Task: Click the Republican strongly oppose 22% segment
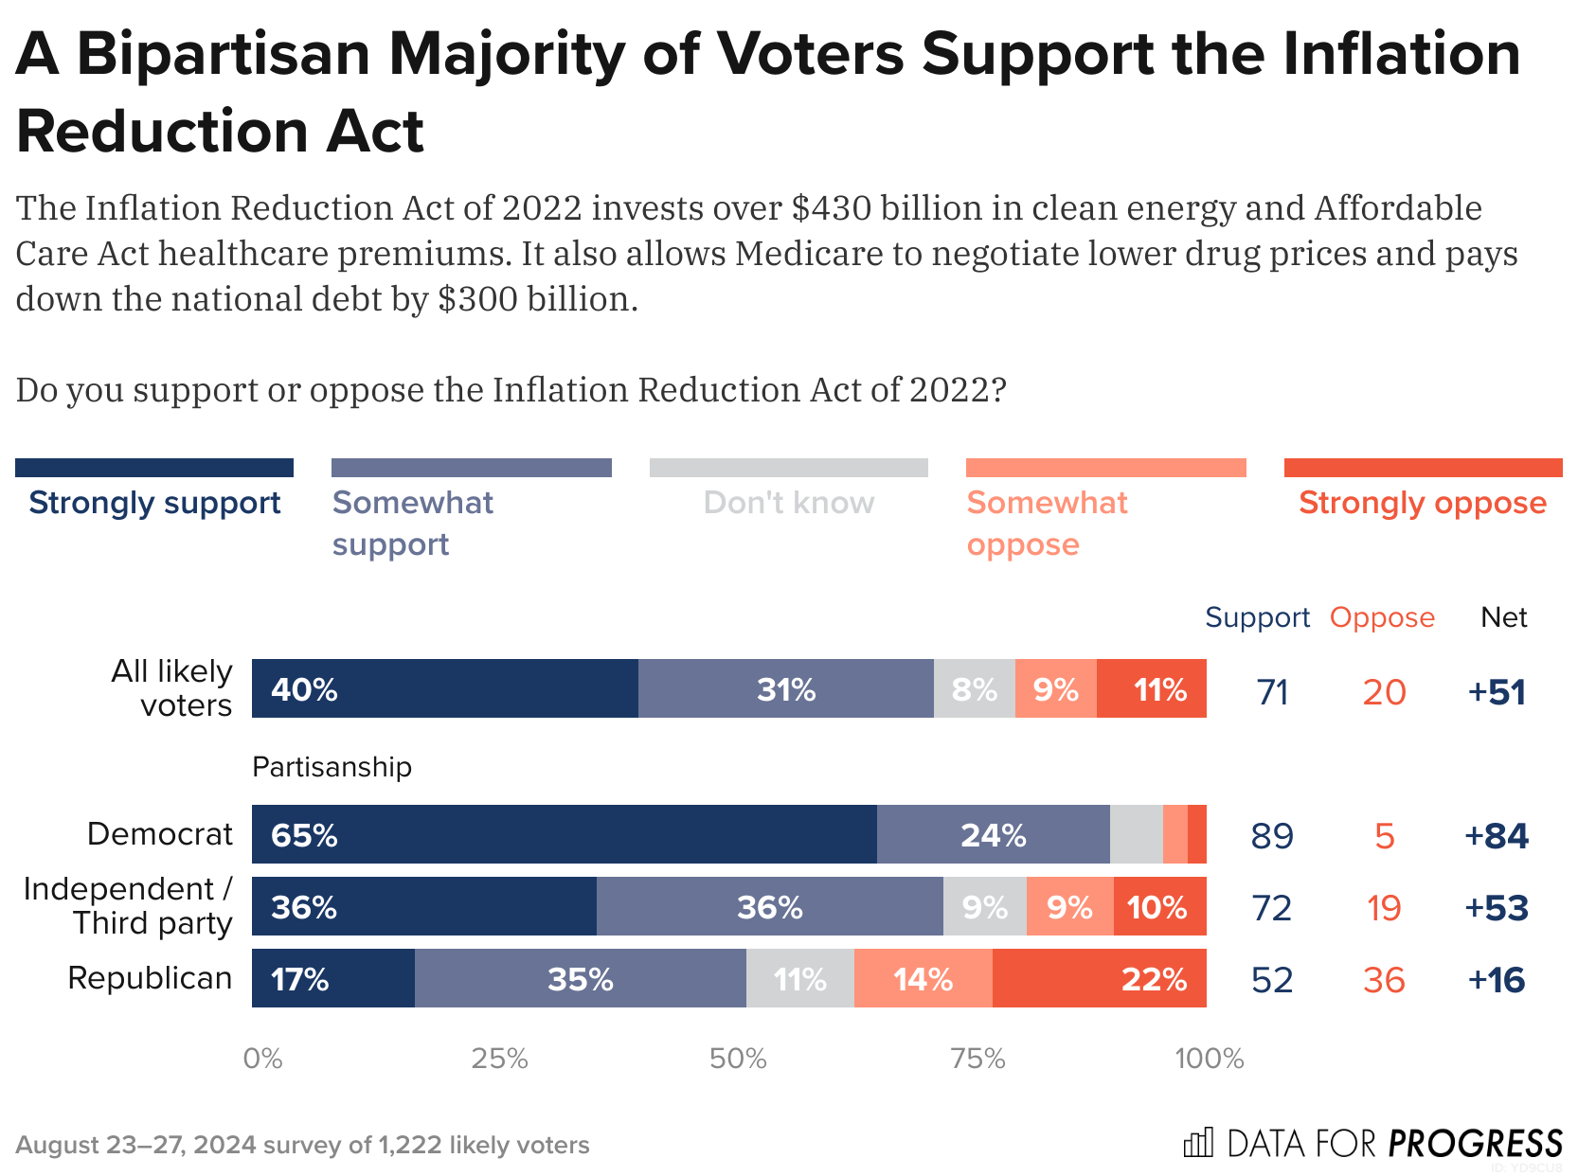point(1099,978)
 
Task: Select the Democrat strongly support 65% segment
point(564,834)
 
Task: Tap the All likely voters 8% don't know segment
point(974,689)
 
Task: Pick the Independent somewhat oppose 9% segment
point(1069,907)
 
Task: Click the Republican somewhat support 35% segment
point(580,978)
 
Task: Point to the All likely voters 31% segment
point(785,689)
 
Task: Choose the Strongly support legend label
point(154,503)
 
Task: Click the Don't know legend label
point(788,503)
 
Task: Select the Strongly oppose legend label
point(1422,503)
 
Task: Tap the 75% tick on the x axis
point(977,1059)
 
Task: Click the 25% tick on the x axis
point(499,1059)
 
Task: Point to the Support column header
point(1257,617)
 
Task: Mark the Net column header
point(1503,617)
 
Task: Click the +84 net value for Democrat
point(1497,835)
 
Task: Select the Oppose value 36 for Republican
point(1384,980)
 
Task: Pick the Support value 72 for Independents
point(1271,908)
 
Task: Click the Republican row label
point(150,977)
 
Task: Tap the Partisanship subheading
point(332,766)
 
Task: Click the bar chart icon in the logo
point(1198,1143)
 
